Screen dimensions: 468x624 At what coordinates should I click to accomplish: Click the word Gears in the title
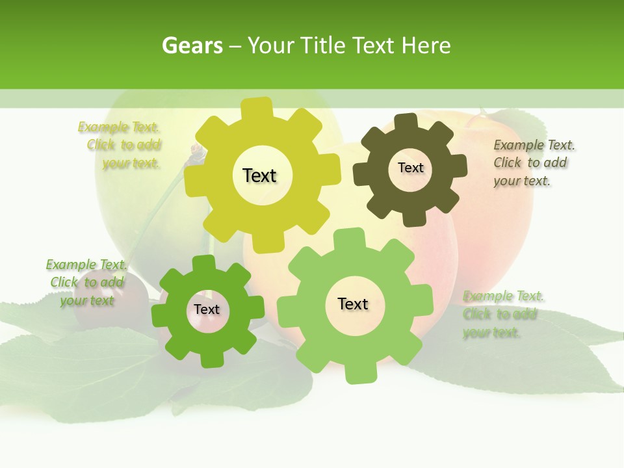pos(192,45)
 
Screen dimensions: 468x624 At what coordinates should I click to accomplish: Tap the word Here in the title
pos(426,45)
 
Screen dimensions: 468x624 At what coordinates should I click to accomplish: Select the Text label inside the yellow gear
pos(259,175)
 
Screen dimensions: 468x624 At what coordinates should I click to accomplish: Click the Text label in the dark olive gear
pos(410,168)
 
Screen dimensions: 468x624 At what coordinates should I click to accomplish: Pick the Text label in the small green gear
pos(207,310)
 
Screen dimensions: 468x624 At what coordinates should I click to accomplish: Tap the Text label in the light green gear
pos(353,304)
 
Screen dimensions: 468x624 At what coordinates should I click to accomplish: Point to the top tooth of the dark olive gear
pos(406,121)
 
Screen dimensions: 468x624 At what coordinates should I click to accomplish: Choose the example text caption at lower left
pos(86,282)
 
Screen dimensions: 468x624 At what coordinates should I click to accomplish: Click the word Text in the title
pos(373,45)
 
